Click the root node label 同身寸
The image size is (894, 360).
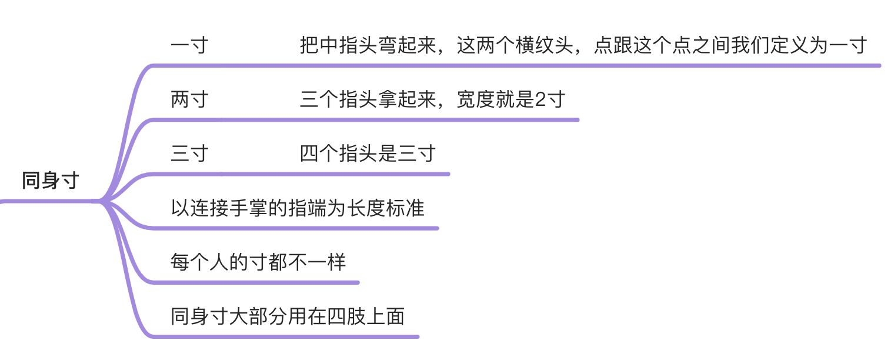(51, 181)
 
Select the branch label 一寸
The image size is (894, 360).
(189, 45)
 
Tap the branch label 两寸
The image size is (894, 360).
(189, 99)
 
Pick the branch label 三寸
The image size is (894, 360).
(189, 154)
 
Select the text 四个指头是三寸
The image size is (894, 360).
(368, 154)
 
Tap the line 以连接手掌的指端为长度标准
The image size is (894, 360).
(298, 208)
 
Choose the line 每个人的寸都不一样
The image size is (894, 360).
(258, 262)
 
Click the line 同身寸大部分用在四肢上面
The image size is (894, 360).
(288, 316)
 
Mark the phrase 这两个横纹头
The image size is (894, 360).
(515, 45)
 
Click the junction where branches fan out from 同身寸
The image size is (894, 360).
(101, 202)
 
